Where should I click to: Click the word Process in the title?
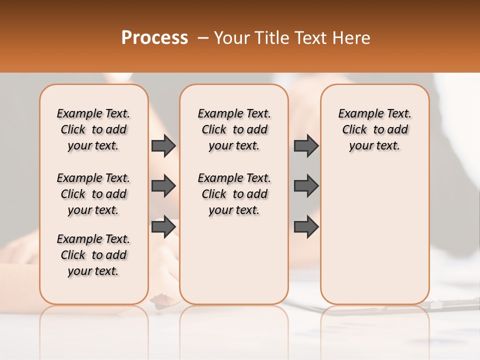(154, 38)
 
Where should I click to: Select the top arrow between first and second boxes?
(163, 145)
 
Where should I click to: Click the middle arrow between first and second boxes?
(163, 186)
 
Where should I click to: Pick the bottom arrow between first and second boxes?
(163, 226)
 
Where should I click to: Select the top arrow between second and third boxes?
(306, 145)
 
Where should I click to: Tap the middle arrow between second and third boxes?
(306, 186)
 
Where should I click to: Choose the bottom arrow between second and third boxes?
(306, 226)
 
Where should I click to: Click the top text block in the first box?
(93, 129)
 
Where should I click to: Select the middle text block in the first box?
(93, 194)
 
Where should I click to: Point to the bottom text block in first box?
(93, 255)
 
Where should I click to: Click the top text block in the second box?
(234, 129)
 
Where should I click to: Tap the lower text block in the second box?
(234, 194)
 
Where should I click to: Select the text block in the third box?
(374, 129)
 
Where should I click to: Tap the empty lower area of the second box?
(234, 260)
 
